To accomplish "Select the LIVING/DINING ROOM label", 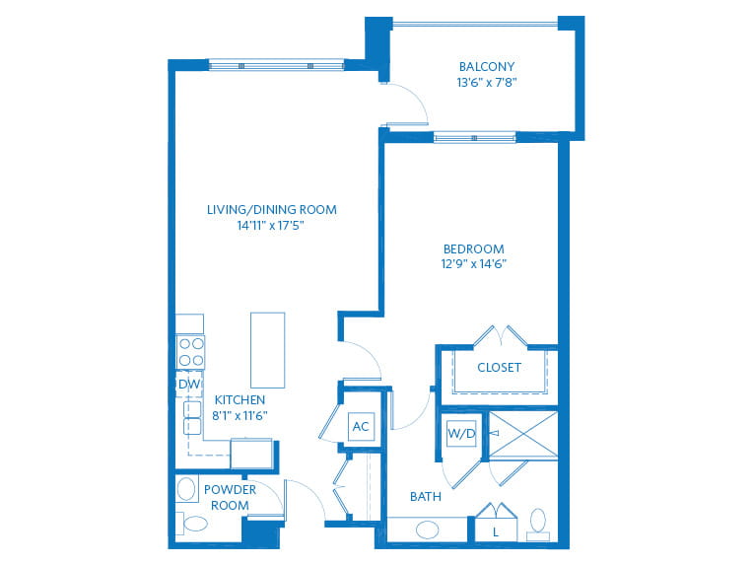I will pyautogui.click(x=271, y=209).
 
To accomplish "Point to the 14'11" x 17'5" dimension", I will pyautogui.click(x=271, y=225).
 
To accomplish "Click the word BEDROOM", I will pyautogui.click(x=473, y=248).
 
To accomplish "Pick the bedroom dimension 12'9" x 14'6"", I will pyautogui.click(x=473, y=264).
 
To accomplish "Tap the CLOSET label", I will pyautogui.click(x=499, y=368).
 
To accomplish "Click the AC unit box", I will pyautogui.click(x=361, y=426).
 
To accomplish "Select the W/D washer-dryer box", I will pyautogui.click(x=460, y=433).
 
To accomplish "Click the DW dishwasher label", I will pyautogui.click(x=187, y=384).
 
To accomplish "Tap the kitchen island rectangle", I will pyautogui.click(x=267, y=350).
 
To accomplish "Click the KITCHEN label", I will pyautogui.click(x=240, y=399).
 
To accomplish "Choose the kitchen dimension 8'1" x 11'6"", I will pyautogui.click(x=240, y=415).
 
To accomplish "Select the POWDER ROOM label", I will pyautogui.click(x=229, y=497).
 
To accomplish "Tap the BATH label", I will pyautogui.click(x=426, y=497).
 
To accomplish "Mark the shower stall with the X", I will pyautogui.click(x=523, y=434).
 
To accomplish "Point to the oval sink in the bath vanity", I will pyautogui.click(x=428, y=530).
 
